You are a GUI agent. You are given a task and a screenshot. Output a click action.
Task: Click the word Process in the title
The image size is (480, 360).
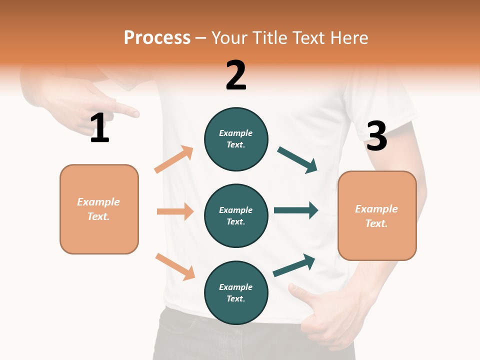pyautogui.click(x=157, y=38)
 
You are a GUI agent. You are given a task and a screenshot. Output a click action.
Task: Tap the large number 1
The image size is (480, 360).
pyautogui.click(x=99, y=128)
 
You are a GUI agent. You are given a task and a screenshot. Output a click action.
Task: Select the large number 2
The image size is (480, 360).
pyautogui.click(x=236, y=75)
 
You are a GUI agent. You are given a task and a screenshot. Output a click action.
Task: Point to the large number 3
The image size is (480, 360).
pyautogui.click(x=376, y=136)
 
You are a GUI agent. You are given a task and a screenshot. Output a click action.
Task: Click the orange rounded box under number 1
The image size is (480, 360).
pyautogui.click(x=99, y=209)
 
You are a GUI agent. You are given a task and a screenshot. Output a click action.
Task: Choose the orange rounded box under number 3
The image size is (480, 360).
pyautogui.click(x=377, y=215)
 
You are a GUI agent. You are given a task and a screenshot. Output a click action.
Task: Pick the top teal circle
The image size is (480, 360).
pyautogui.click(x=236, y=139)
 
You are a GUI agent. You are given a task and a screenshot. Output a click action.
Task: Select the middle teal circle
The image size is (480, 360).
pyautogui.click(x=236, y=215)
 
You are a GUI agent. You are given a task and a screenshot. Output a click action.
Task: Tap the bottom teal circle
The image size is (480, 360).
pyautogui.click(x=236, y=292)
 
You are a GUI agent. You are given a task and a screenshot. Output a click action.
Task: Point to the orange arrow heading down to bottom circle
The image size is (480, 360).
pyautogui.click(x=175, y=266)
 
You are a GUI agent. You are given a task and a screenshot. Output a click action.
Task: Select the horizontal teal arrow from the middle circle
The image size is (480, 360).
pyautogui.click(x=295, y=210)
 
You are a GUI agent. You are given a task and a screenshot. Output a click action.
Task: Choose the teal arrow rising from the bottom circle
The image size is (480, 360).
pyautogui.click(x=294, y=265)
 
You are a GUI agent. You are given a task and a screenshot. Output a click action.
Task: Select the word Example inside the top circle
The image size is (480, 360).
pyautogui.click(x=235, y=133)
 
